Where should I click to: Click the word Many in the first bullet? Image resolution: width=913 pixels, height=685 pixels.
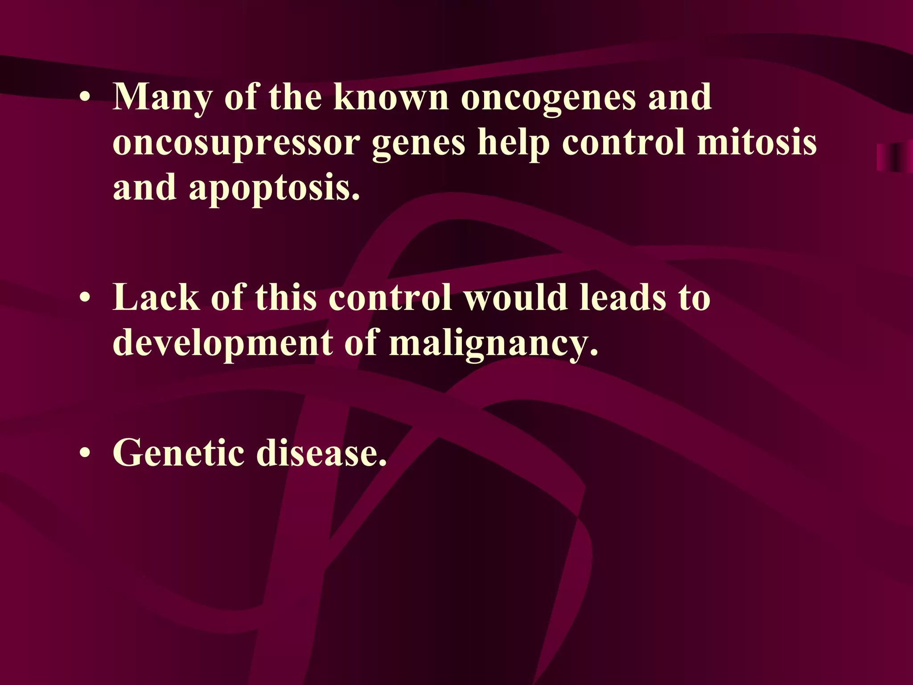pyautogui.click(x=162, y=97)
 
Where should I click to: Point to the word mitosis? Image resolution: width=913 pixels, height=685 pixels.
pyautogui.click(x=757, y=143)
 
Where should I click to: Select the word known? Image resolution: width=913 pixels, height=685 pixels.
pyautogui.click(x=391, y=97)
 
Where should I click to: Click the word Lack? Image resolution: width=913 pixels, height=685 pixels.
pyautogui.click(x=156, y=298)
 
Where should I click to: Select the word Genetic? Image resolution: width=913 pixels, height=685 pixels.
pyautogui.click(x=178, y=453)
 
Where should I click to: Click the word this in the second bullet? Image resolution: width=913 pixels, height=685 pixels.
pyautogui.click(x=286, y=298)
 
